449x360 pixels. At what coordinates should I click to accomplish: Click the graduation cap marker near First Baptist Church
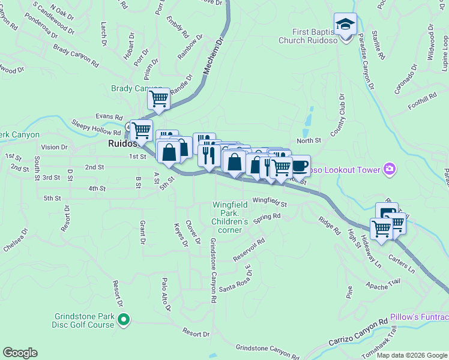click(x=345, y=25)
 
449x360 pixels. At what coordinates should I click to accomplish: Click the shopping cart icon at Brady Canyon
click(x=159, y=98)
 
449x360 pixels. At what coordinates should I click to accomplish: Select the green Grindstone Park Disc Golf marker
click(x=124, y=320)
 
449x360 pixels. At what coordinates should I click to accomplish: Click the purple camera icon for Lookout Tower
click(x=391, y=170)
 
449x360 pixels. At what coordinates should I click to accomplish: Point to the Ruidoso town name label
click(x=124, y=144)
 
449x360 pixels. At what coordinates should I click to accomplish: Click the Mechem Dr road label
click(x=212, y=58)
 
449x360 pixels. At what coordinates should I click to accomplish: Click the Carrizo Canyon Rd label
click(x=358, y=332)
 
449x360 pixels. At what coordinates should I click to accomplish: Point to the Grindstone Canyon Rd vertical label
click(x=212, y=269)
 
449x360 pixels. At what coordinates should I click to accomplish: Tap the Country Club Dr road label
click(x=337, y=114)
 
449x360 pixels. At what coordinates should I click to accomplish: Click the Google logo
click(x=20, y=353)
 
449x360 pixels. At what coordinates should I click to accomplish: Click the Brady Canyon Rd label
click(x=76, y=54)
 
